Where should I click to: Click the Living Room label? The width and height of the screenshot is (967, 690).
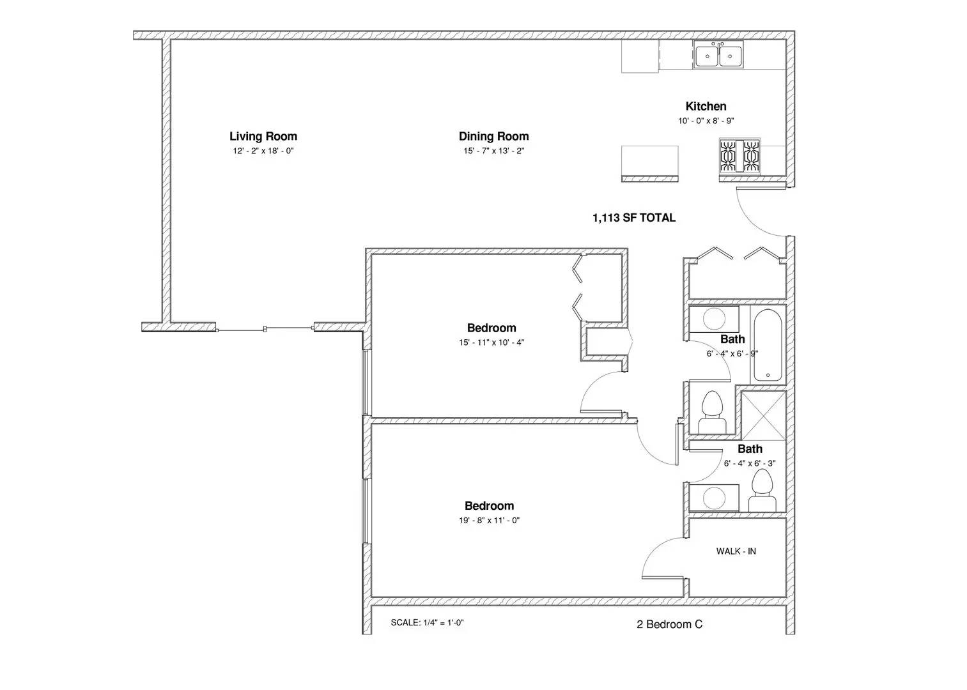click(x=263, y=136)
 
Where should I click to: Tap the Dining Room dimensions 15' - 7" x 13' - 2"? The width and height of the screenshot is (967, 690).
click(x=493, y=151)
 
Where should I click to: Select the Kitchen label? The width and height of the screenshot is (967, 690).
click(x=706, y=106)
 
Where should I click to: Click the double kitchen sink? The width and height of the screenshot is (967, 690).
click(x=718, y=55)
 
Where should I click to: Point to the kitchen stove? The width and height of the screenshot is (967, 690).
click(x=739, y=157)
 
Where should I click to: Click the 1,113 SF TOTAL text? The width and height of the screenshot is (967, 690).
click(x=634, y=218)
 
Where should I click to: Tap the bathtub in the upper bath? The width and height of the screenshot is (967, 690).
click(x=767, y=345)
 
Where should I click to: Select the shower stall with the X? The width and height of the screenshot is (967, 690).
click(x=763, y=415)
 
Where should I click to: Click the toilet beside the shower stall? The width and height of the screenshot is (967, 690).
click(x=712, y=412)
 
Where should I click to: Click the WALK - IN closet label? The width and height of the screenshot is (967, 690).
click(x=736, y=551)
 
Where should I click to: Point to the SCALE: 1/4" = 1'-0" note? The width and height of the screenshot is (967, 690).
click(x=427, y=623)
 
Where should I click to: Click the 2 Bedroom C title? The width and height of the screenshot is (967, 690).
click(x=670, y=624)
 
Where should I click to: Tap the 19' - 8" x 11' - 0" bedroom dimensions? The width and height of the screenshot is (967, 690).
click(x=489, y=521)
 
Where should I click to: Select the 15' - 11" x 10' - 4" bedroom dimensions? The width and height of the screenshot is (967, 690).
click(x=491, y=342)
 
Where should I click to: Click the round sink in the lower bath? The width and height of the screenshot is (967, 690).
click(x=714, y=498)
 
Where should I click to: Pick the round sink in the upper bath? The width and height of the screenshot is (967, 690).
click(x=714, y=319)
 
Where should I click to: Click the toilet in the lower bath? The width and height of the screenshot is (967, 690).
click(x=762, y=490)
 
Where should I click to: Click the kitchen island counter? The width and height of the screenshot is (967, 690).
click(x=650, y=164)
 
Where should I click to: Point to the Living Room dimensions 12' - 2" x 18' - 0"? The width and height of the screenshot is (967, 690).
click(x=263, y=151)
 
